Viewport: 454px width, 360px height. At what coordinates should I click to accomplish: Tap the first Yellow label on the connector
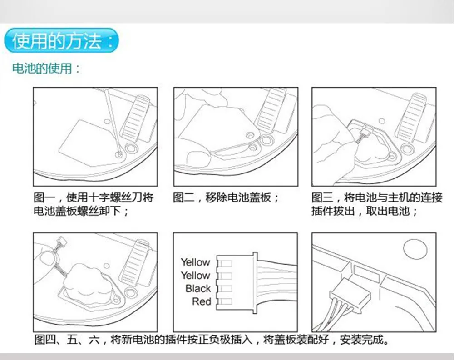(x=195, y=262)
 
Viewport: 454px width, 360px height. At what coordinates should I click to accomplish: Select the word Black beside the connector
(x=198, y=288)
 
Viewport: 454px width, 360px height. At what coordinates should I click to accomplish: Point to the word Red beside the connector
(x=202, y=301)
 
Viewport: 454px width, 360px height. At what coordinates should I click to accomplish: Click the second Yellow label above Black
(x=195, y=275)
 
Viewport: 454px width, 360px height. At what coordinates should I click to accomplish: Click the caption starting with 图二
(x=226, y=198)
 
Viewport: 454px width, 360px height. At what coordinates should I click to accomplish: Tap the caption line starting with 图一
(x=94, y=198)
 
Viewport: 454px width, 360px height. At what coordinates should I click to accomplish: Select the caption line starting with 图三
(x=377, y=198)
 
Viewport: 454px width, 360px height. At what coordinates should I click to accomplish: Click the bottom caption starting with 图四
(x=212, y=340)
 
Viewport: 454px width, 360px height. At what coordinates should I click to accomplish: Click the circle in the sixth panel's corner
(x=415, y=249)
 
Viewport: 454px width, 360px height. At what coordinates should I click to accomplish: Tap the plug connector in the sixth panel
(x=350, y=295)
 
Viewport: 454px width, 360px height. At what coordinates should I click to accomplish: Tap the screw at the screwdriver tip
(x=118, y=154)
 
